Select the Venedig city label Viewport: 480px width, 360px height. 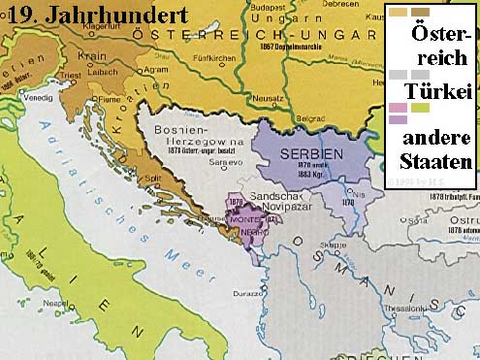45,98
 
